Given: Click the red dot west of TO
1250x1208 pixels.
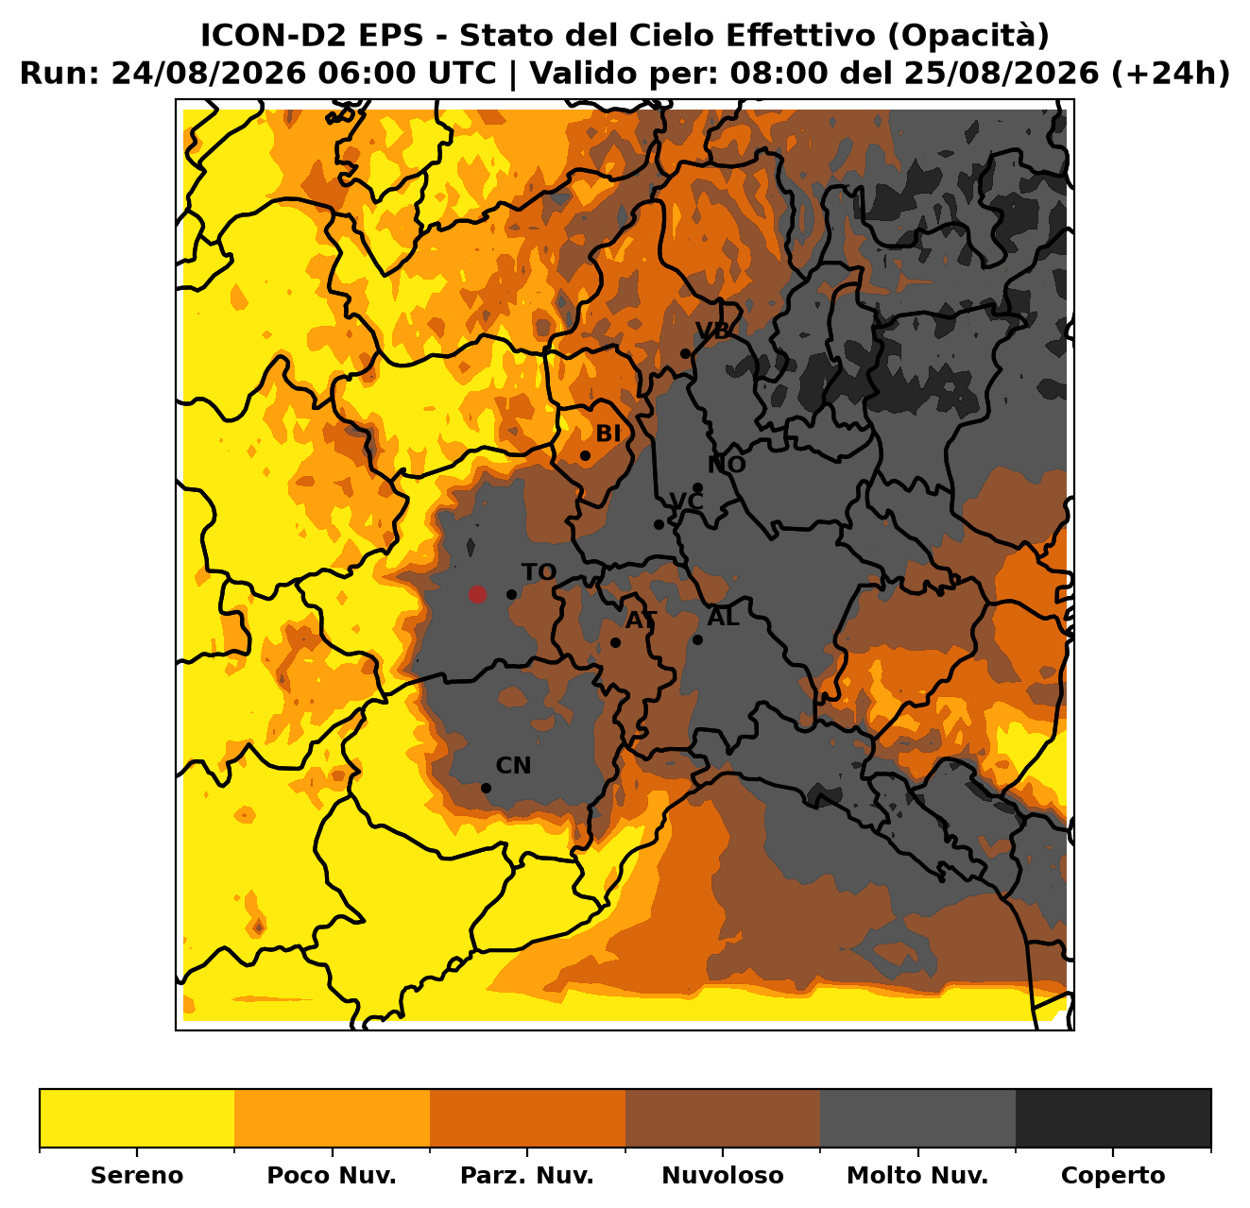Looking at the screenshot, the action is tap(477, 594).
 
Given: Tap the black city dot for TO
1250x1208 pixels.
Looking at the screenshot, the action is tap(511, 594).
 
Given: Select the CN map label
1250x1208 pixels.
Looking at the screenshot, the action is tap(513, 766).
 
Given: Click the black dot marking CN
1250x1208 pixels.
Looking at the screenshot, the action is tap(486, 788).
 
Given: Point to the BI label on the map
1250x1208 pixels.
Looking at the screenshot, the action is tap(608, 434).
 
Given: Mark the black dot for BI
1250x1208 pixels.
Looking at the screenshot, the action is tap(585, 456).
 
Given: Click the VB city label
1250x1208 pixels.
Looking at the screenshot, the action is tap(712, 331).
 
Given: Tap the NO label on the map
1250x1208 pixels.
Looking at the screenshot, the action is tap(727, 465).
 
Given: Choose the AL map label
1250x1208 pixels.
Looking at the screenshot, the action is tap(724, 617).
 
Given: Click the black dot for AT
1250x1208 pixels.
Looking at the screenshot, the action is tap(615, 642).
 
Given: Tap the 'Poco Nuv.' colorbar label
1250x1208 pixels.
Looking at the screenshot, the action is tap(332, 1175).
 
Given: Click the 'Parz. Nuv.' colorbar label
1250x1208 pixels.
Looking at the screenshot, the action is tap(526, 1175).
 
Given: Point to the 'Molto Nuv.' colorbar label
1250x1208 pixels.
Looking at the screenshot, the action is tap(917, 1175).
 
